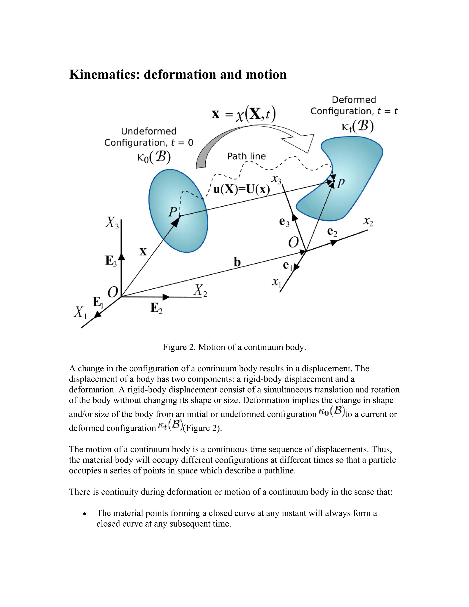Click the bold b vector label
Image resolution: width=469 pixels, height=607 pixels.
[x=237, y=262]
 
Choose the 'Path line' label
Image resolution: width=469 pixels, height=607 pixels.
[x=246, y=156]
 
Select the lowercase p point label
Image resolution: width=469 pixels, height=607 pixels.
[x=341, y=182]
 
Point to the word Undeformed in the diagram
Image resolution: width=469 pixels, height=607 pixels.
[x=149, y=131]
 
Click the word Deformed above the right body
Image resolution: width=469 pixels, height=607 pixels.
[x=354, y=100]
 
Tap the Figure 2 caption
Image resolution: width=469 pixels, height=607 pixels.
[x=234, y=347]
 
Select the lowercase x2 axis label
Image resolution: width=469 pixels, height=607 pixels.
[x=368, y=221]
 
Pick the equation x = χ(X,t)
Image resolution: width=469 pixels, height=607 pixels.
[x=243, y=115]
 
